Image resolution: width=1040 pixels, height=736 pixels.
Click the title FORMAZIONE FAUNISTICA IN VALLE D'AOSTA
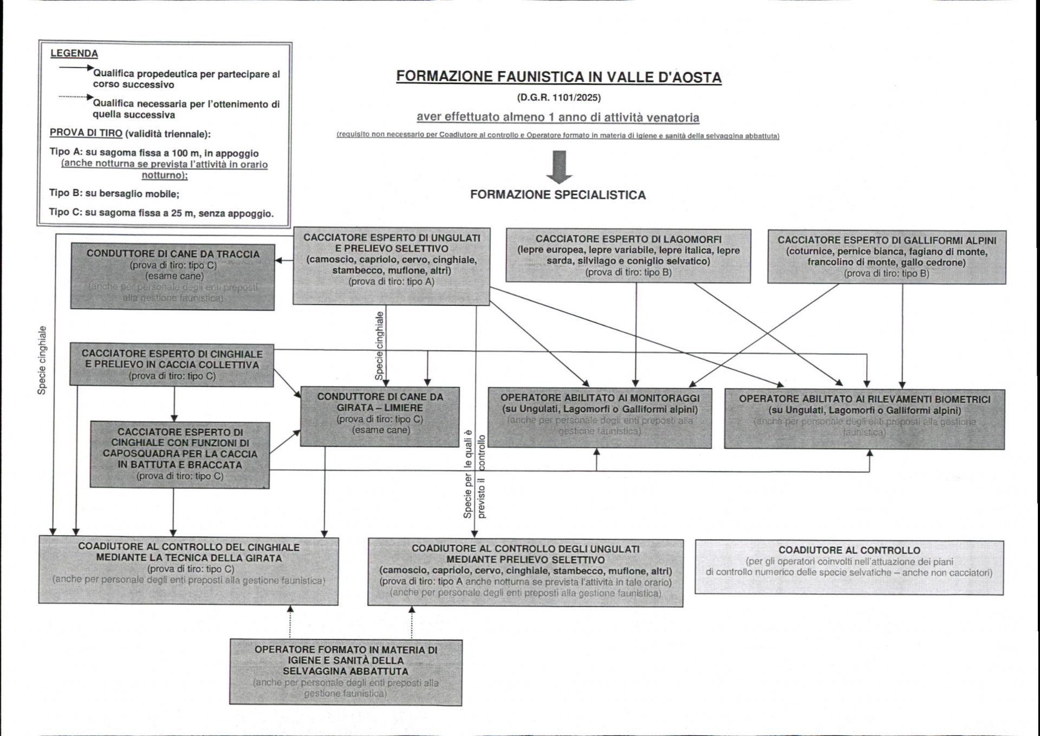[x=558, y=77]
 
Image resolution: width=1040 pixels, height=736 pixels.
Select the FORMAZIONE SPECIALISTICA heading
[x=558, y=195]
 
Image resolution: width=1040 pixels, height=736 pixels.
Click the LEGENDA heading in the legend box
[x=74, y=54]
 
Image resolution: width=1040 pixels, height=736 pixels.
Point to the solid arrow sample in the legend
[x=76, y=68]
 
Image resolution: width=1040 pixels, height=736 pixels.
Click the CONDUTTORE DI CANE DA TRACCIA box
[x=173, y=276]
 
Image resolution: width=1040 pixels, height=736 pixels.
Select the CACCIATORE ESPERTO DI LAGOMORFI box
[x=628, y=256]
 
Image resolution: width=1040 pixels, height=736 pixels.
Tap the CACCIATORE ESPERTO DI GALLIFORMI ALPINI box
[x=887, y=257]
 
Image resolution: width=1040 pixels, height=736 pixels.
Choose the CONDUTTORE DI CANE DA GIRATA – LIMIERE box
[x=380, y=416]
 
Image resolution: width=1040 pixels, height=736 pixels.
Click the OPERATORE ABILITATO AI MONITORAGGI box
[x=600, y=418]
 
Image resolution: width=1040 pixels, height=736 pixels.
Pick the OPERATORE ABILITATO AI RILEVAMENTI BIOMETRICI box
[x=864, y=419]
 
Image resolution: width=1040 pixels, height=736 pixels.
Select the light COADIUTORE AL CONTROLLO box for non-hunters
[x=849, y=567]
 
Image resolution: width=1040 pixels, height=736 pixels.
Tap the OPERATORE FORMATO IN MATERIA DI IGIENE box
[x=346, y=672]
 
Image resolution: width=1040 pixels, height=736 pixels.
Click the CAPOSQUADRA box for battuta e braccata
[x=180, y=454]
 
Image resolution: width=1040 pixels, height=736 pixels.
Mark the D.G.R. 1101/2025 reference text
[x=558, y=98]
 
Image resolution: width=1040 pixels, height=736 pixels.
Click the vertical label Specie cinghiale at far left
[x=42, y=360]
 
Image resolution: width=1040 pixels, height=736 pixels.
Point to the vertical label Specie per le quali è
[x=468, y=474]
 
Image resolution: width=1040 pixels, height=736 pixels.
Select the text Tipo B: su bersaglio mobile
[x=114, y=193]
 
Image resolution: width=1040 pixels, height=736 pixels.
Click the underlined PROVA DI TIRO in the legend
[x=86, y=133]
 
